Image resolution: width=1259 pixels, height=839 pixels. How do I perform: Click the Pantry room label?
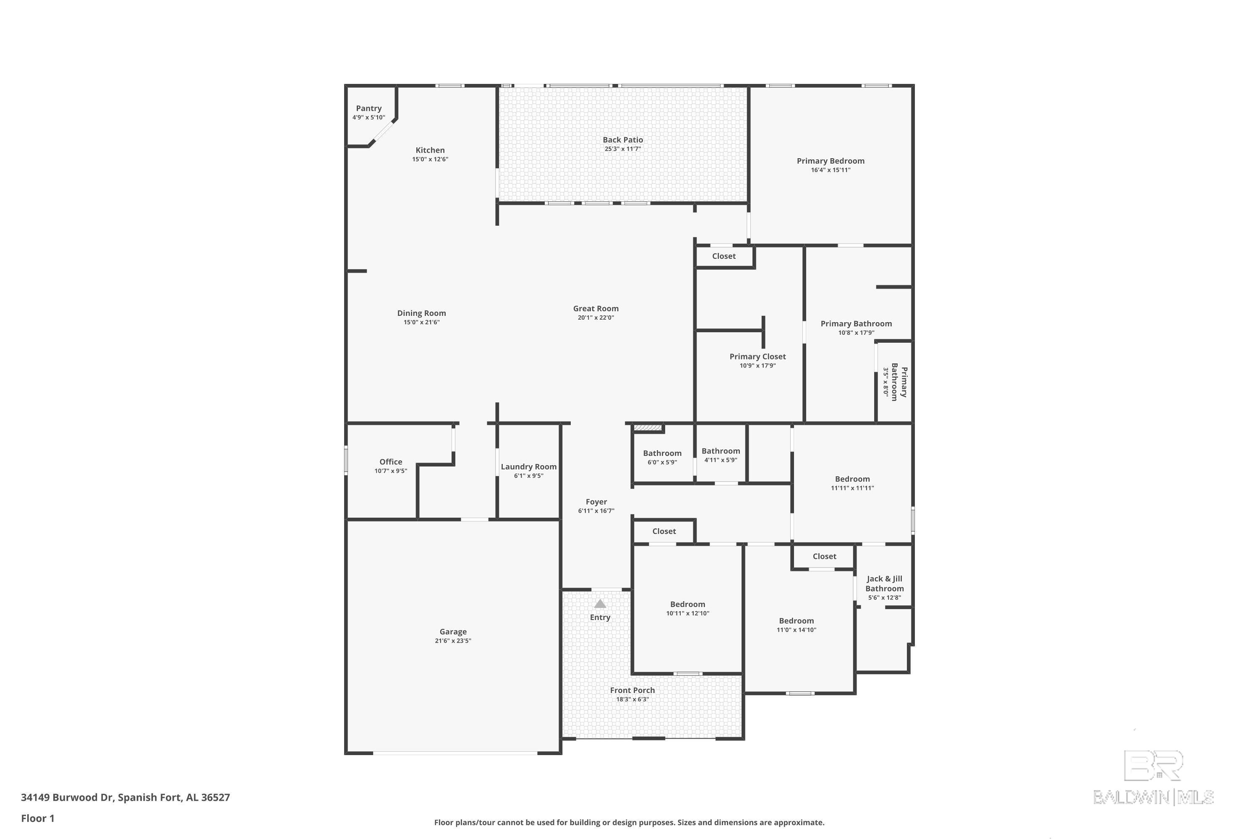pos(368,109)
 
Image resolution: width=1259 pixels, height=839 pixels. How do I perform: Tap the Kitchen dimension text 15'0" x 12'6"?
pos(430,159)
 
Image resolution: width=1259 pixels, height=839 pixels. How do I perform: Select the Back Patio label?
pos(622,140)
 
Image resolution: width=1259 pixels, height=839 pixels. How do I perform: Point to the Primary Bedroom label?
pos(830,161)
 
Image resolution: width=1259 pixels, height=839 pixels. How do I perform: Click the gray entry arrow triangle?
pos(600,604)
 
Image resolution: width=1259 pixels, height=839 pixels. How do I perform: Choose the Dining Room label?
pos(421,313)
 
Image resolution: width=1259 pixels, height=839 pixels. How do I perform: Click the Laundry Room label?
pos(528,466)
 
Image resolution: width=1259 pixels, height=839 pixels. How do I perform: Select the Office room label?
pos(390,462)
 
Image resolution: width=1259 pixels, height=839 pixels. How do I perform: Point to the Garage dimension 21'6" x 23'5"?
pos(453,641)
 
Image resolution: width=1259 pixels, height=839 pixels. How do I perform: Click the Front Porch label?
pos(632,690)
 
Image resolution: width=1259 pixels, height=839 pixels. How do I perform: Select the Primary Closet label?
pos(757,356)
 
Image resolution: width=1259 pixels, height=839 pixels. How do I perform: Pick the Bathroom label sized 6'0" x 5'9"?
pos(662,453)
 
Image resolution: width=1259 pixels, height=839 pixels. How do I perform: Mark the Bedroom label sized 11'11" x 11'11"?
pos(852,479)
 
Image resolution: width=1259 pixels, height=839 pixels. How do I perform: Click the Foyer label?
pos(596,502)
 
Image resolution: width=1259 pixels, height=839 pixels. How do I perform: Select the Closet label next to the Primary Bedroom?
pos(724,256)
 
